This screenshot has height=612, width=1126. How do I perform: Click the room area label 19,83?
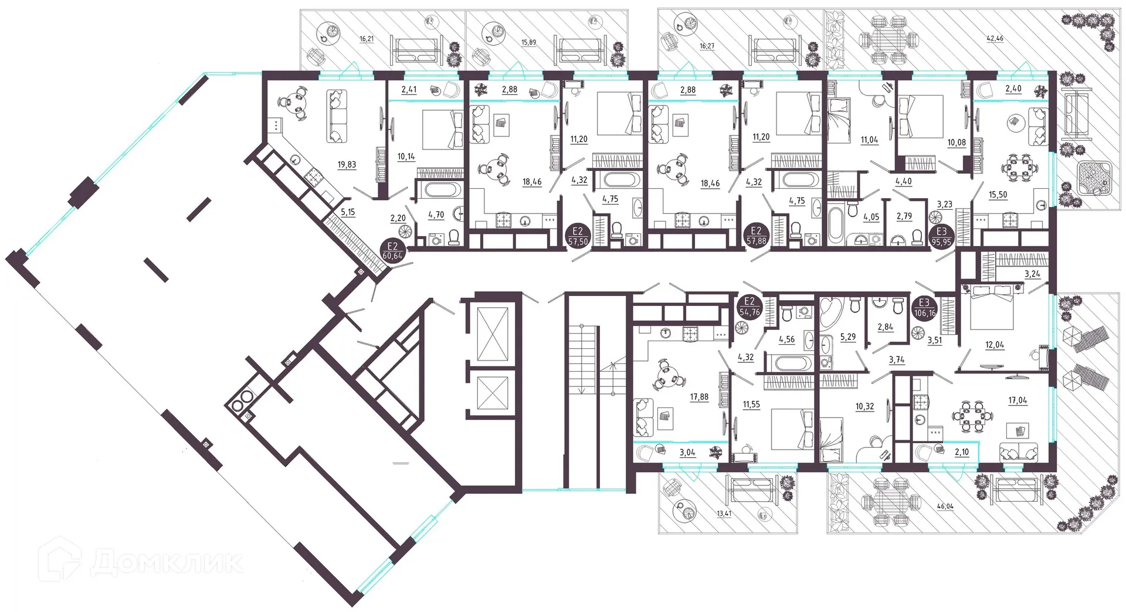tap(347, 165)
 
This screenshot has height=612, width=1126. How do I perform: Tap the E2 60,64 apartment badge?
tap(392, 251)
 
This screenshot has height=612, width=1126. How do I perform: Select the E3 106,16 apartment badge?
tap(925, 308)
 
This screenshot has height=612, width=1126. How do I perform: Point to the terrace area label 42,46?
tap(995, 39)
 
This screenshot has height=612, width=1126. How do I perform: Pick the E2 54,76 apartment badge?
tap(749, 308)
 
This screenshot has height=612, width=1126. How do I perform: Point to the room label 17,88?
tap(699, 397)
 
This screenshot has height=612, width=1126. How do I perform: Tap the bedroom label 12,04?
tap(995, 345)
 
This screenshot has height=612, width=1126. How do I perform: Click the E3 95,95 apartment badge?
tap(941, 236)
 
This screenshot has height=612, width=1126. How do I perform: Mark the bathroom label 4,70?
tap(436, 215)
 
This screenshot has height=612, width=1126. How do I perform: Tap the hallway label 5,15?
tap(348, 212)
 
